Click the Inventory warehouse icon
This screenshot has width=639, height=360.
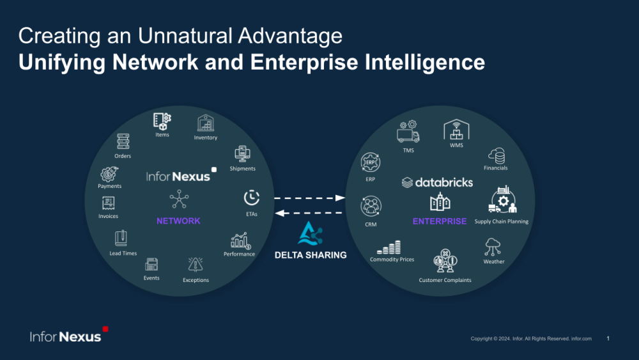point(206,123)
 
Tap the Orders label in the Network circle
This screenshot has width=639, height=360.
point(123,156)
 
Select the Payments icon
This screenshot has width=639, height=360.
point(109,173)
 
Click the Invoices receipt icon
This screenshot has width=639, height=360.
point(109,204)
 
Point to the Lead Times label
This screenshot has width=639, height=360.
point(123,253)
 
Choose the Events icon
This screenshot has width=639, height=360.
point(151,265)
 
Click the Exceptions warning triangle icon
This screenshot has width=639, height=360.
point(196,265)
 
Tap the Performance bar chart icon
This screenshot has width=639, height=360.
point(240,241)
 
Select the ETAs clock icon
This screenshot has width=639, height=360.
point(252,198)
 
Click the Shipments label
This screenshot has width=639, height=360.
point(242,169)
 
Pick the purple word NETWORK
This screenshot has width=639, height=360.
point(178,221)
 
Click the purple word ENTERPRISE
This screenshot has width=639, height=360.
point(440,221)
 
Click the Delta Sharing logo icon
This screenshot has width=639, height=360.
point(311,235)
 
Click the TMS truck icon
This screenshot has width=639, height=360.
point(408,132)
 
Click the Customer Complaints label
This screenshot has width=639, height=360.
point(445,280)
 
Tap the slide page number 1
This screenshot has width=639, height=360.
point(608,338)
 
